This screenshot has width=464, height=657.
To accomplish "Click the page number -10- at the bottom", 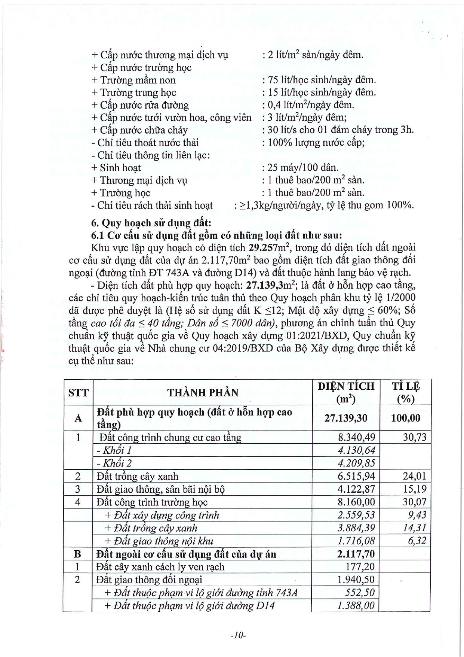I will (238, 635).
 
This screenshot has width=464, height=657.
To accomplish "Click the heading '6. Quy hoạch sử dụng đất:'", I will (151, 223).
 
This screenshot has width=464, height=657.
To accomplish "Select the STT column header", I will (79, 393).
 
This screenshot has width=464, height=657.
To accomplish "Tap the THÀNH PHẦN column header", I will (203, 393).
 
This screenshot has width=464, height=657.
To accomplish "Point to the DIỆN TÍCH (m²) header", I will (346, 393).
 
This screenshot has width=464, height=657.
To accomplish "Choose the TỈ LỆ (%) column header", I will (406, 393).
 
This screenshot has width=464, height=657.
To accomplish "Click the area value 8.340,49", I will (356, 437).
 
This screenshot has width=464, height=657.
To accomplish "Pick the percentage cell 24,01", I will (414, 476).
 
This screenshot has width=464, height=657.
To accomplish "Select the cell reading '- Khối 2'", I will (114, 463).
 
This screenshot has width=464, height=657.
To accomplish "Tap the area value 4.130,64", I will (356, 450).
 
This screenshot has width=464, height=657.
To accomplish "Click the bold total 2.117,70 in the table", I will (356, 554).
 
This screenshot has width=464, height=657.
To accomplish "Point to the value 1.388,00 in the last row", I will (356, 606).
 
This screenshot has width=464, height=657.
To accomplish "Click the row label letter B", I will (78, 554).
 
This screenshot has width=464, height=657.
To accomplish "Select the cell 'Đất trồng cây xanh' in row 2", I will (137, 477).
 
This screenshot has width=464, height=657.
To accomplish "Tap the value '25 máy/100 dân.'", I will (302, 168).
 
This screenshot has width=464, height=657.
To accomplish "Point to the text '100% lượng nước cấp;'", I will (316, 143).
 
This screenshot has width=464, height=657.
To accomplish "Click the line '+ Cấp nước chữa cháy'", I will (139, 130).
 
